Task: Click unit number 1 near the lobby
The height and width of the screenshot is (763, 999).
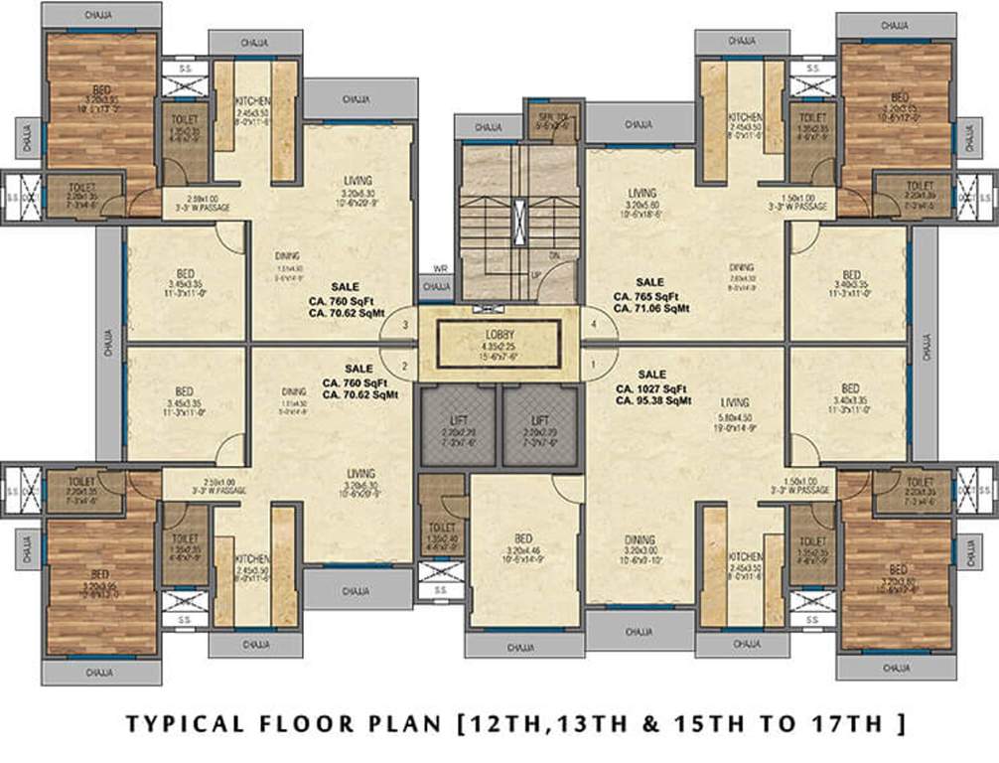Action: [595, 364]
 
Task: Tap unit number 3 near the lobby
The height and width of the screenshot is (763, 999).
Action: [404, 325]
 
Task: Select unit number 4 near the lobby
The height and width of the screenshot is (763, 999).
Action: [595, 325]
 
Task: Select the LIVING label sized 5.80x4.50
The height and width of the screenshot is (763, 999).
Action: [735, 401]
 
